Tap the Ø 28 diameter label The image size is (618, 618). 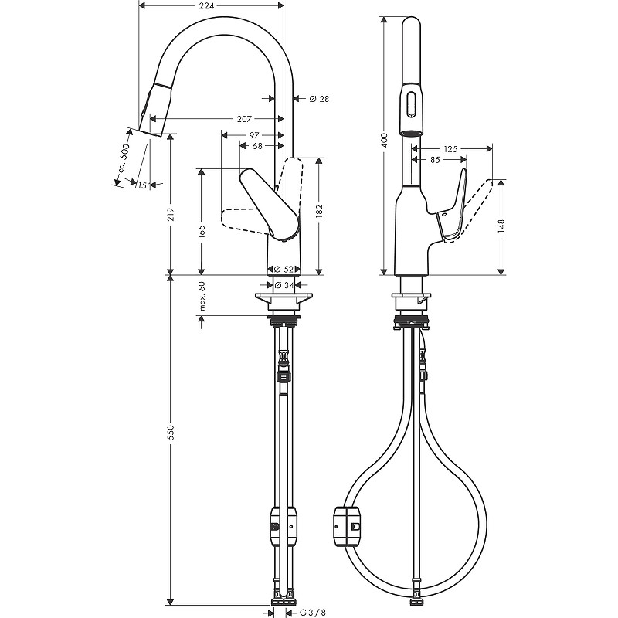319,99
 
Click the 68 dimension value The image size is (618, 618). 258,146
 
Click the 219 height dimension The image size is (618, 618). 171,214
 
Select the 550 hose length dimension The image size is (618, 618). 171,433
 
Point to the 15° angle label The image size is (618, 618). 141,185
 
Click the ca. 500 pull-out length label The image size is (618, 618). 124,158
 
